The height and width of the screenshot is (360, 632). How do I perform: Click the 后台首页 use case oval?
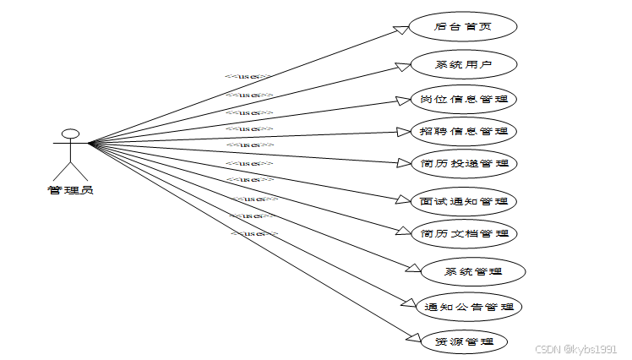[462, 26]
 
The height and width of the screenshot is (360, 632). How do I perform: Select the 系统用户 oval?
[462, 64]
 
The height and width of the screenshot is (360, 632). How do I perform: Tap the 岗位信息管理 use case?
[463, 99]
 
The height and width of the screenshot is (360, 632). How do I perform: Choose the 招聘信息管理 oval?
[463, 131]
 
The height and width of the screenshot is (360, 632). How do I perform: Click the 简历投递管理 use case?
[463, 163]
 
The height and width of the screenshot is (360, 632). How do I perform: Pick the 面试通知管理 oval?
[463, 202]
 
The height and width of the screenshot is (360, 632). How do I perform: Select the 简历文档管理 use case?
[463, 233]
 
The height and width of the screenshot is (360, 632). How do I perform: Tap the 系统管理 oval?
[473, 271]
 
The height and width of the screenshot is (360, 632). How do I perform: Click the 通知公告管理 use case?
[470, 307]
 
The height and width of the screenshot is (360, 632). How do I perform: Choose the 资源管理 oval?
[460, 341]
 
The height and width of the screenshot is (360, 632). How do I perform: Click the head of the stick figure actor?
[71, 134]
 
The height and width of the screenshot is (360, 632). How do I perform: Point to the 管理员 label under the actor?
[70, 190]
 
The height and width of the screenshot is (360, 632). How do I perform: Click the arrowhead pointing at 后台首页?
[402, 30]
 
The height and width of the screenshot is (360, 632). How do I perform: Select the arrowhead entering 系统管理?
[414, 269]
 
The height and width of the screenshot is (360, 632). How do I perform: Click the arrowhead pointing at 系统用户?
[402, 66]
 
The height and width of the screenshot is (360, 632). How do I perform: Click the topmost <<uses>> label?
[248, 77]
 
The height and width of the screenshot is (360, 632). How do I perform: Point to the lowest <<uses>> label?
[254, 233]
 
